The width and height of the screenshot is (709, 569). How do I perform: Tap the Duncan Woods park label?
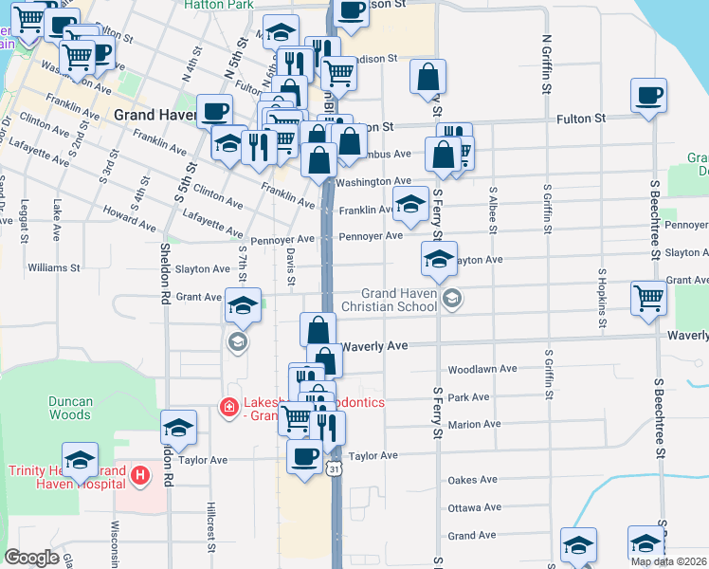(71, 408)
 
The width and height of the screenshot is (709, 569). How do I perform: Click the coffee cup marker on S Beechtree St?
(649, 96)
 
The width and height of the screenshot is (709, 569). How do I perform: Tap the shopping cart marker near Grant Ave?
(649, 298)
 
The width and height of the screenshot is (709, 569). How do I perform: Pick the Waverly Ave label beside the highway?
(374, 347)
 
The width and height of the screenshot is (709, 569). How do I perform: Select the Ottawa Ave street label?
(473, 508)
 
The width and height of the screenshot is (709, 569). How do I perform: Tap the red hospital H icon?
(139, 474)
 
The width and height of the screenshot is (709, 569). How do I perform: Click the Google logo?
(30, 558)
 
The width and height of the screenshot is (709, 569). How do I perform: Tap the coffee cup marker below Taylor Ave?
(304, 458)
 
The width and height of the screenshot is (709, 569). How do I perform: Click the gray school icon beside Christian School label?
(452, 299)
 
